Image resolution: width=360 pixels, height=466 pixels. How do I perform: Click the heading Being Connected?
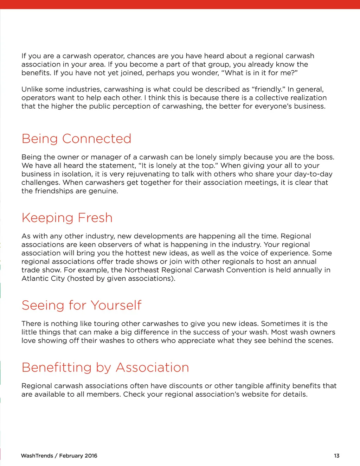click(76, 139)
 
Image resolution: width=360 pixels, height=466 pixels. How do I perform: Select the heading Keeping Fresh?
click(67, 218)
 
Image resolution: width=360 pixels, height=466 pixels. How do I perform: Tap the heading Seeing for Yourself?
click(81, 305)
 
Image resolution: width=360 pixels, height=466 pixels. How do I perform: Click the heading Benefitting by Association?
click(105, 368)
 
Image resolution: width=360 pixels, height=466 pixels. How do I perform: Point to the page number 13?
click(336, 456)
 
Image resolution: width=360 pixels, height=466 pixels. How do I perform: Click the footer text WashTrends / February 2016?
click(59, 456)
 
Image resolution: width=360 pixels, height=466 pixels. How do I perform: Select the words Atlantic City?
click(43, 279)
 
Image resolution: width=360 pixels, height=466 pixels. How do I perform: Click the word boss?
click(325, 157)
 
